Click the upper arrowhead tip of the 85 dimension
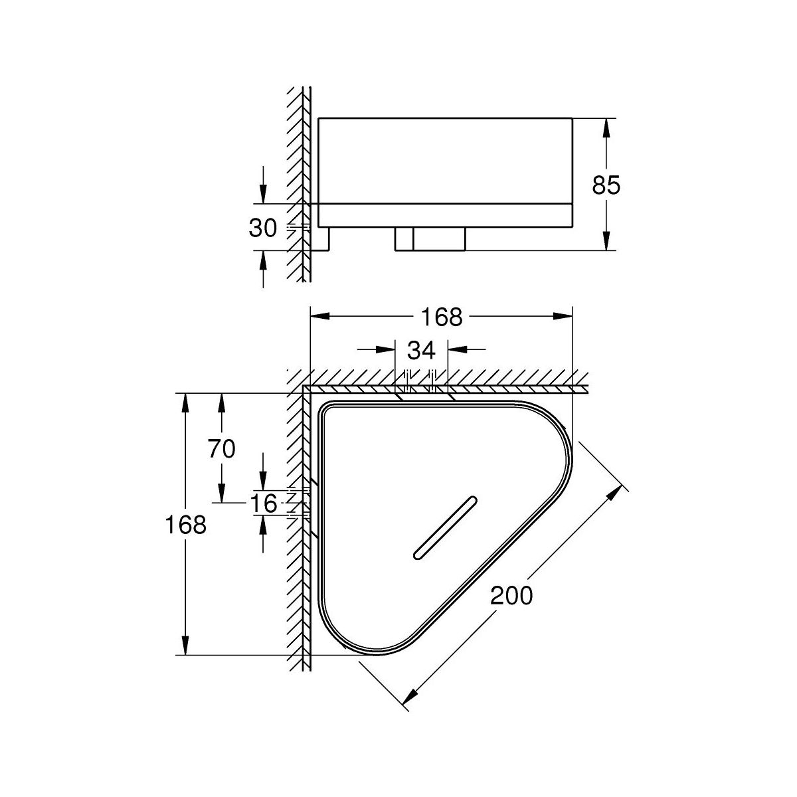pyautogui.click(x=606, y=119)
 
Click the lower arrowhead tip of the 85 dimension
pyautogui.click(x=606, y=250)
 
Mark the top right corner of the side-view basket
pyautogui.click(x=573, y=118)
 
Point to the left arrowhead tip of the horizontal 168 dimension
pyautogui.click(x=311, y=316)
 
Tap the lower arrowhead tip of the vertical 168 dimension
pyautogui.click(x=185, y=655)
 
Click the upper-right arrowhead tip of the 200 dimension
pyautogui.click(x=622, y=485)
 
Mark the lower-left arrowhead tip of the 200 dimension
pyautogui.click(x=402, y=705)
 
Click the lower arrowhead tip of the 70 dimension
pyautogui.click(x=222, y=503)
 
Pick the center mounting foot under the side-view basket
pyautogui.click(x=430, y=238)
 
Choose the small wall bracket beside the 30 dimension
pyautogui.click(x=320, y=239)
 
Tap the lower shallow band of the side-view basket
pyautogui.click(x=445, y=215)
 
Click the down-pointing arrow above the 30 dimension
pyautogui.click(x=263, y=185)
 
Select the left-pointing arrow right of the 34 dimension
pyautogui.click(x=467, y=349)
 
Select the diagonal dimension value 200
pyautogui.click(x=511, y=596)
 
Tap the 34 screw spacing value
pyautogui.click(x=422, y=350)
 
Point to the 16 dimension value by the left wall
pyautogui.click(x=264, y=503)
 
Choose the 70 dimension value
pyautogui.click(x=222, y=449)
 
